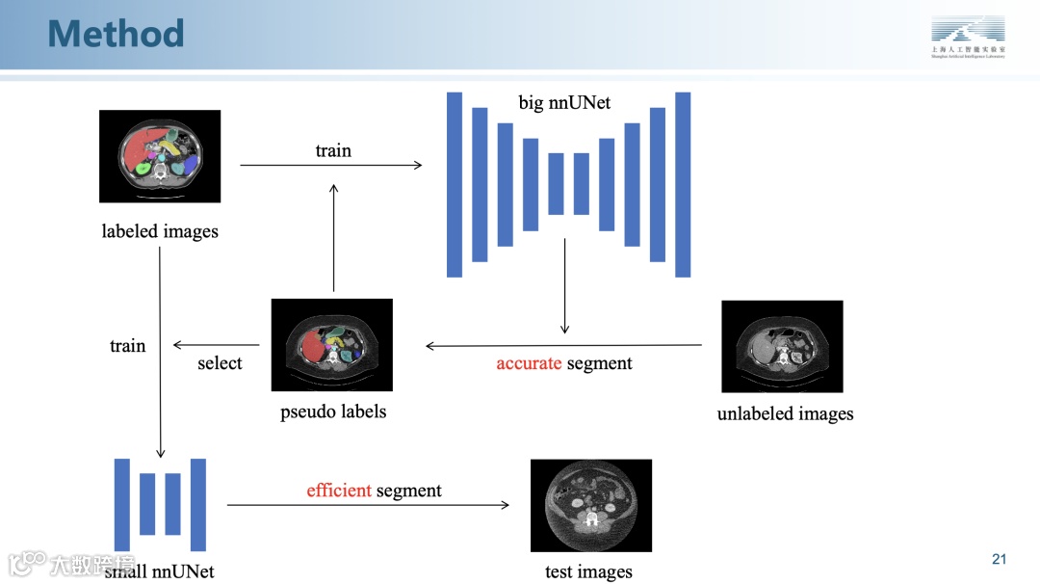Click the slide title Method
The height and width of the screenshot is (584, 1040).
[x=116, y=34]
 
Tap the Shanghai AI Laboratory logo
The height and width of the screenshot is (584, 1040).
[x=967, y=36]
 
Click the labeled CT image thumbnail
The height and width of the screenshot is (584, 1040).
[x=160, y=156]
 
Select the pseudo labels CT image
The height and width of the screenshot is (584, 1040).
[x=332, y=344]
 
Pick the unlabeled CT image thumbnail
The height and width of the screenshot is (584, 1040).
[x=782, y=346]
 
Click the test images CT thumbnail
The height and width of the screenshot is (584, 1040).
[x=591, y=505]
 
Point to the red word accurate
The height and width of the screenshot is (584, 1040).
[x=529, y=363]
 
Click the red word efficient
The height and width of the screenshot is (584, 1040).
[x=339, y=491]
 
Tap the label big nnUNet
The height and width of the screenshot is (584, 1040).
[x=564, y=102]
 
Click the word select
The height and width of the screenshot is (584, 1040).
[x=220, y=363]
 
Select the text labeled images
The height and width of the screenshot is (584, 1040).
[x=160, y=231]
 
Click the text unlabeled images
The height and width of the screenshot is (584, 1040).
[x=785, y=414]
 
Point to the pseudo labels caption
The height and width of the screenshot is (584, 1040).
[x=333, y=411]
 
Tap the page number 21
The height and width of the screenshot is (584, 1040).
[x=999, y=560]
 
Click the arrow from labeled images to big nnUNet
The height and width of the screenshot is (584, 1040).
[x=330, y=166]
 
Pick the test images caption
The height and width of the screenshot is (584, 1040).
[x=588, y=571]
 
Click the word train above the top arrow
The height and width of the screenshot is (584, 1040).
[x=333, y=150]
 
